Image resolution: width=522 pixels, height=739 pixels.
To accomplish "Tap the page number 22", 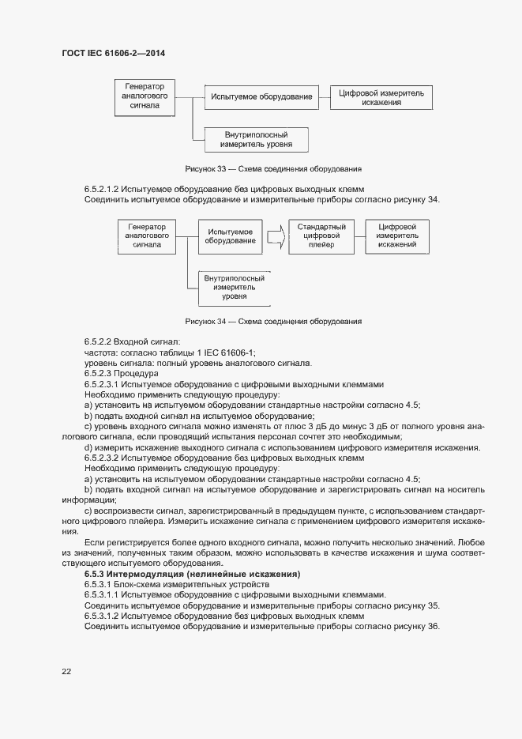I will (x=66, y=672).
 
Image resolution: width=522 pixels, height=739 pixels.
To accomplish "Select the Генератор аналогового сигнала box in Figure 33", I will (x=145, y=97).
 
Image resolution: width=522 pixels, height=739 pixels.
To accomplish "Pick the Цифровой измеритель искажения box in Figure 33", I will (x=381, y=98).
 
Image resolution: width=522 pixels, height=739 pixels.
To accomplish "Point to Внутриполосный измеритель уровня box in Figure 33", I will (x=256, y=139).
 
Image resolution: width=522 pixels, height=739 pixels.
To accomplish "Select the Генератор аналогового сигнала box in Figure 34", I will (x=147, y=236).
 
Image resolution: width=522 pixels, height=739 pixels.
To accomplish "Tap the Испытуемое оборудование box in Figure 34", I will (x=230, y=236).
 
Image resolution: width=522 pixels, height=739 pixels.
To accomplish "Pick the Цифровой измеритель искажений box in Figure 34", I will (x=397, y=236).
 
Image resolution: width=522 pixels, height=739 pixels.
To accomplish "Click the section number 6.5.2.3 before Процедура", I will (x=99, y=373).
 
